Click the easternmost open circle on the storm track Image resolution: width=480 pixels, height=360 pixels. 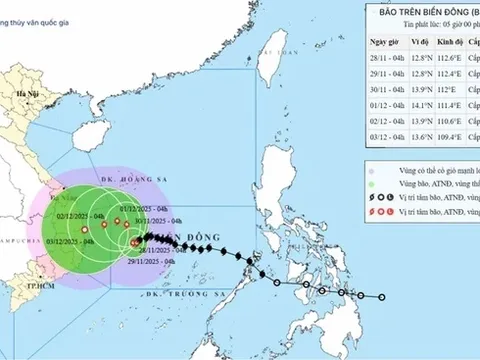pos(382,295)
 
